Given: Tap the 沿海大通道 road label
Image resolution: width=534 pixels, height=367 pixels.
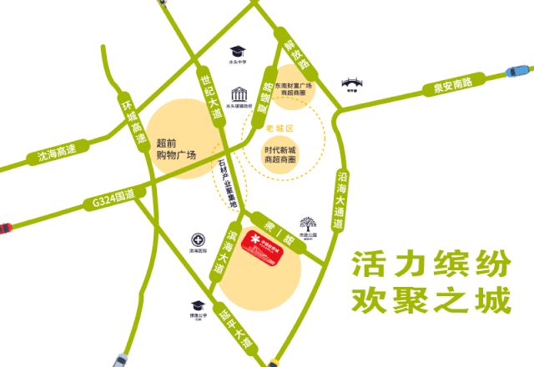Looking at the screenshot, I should click(340, 201).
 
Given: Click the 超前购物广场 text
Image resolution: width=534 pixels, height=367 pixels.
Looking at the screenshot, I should click(175, 148).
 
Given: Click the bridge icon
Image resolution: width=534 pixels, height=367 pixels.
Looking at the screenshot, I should click(352, 86).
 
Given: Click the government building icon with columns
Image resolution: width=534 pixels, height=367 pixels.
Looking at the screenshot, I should click(239, 92).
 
